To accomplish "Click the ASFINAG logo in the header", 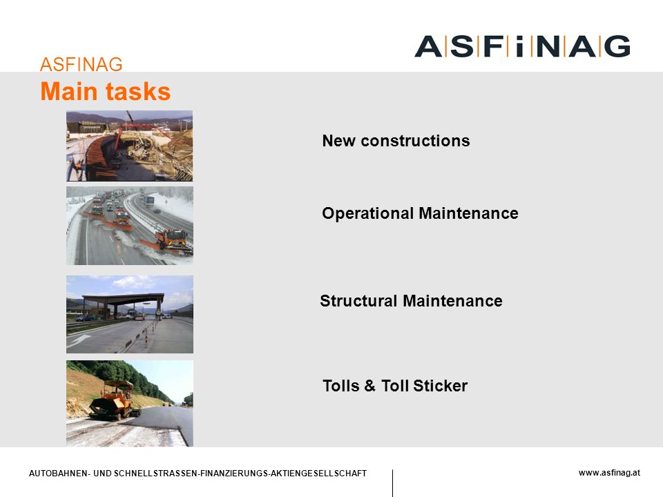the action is click(x=522, y=46).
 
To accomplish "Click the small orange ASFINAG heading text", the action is click(x=81, y=64).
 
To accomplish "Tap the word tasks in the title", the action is click(x=138, y=92).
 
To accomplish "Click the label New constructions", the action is click(x=396, y=141).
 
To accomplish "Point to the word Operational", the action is click(x=367, y=213).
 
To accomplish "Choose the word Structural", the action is click(x=358, y=301).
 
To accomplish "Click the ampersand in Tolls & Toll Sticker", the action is click(x=369, y=386).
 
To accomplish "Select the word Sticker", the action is click(x=440, y=386).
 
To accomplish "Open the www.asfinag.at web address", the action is click(x=609, y=473).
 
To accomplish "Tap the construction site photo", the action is click(x=129, y=146).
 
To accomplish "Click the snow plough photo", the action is click(x=129, y=226).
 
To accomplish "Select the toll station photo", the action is click(x=129, y=315).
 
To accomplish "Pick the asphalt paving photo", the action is click(x=129, y=404).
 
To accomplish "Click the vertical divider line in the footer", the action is click(x=392, y=483).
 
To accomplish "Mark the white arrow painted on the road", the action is click(x=79, y=340).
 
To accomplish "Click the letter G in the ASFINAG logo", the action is click(x=617, y=46).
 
